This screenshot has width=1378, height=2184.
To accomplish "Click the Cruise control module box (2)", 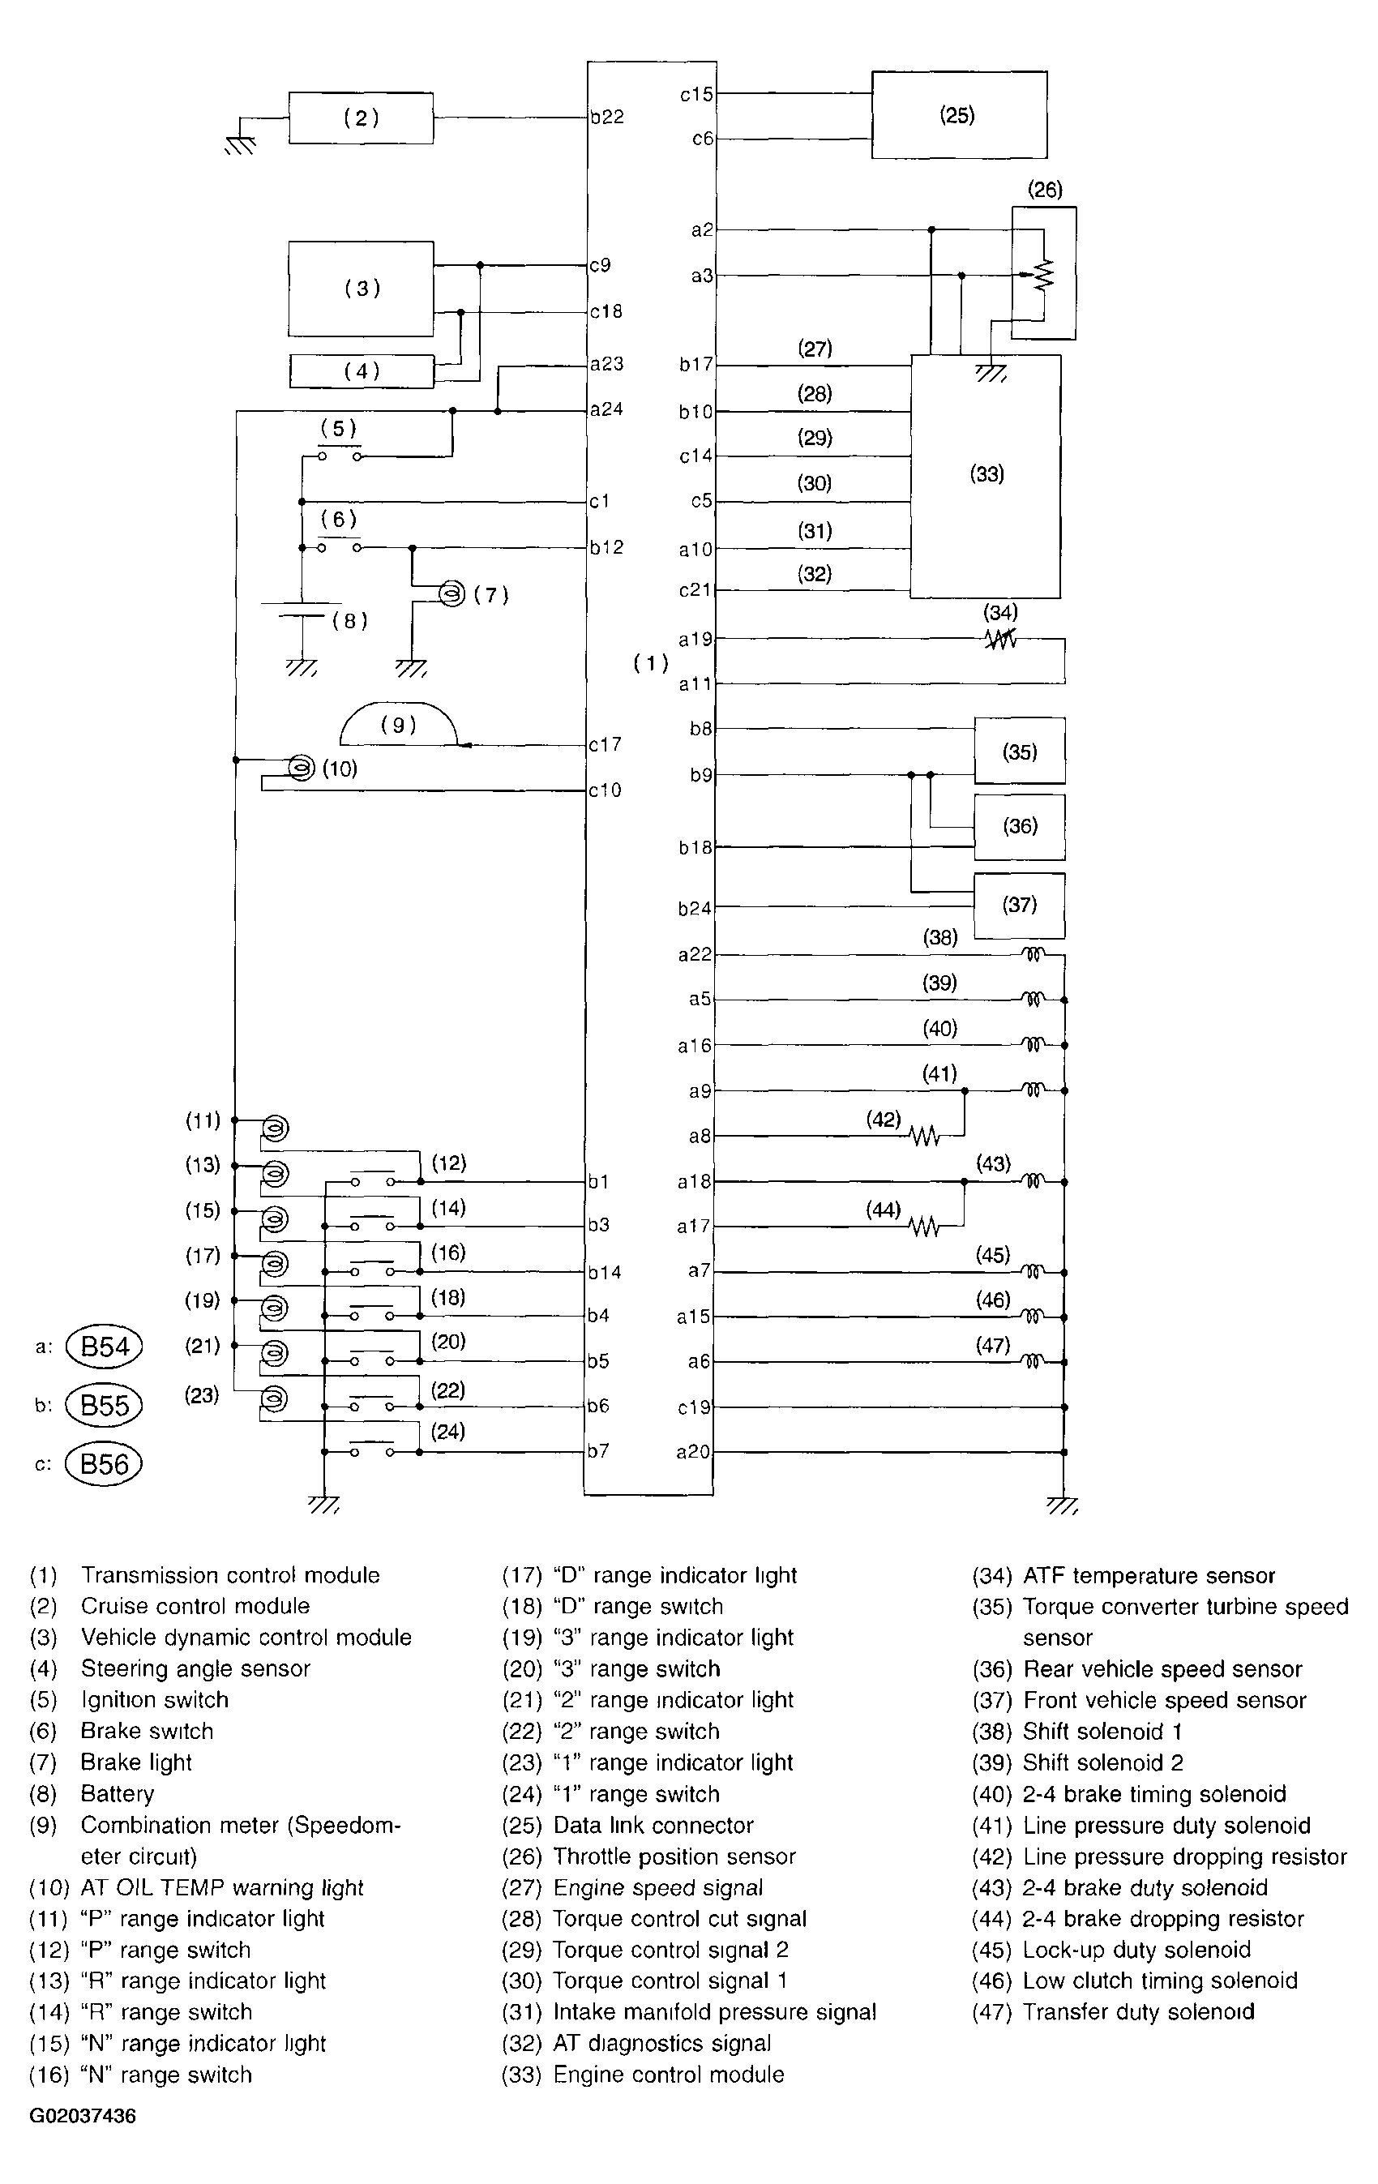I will point(361,118).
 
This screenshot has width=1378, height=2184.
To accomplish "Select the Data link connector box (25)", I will point(958,115).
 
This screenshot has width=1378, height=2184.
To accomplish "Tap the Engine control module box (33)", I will point(986,475).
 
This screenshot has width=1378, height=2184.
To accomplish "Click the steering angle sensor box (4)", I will point(361,371).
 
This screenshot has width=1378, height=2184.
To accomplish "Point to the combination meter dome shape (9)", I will point(398,726).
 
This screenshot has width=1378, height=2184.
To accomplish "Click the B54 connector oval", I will point(105,1346).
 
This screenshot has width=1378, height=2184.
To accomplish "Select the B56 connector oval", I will point(105,1464).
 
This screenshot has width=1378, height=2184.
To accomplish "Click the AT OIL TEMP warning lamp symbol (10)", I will point(300,769).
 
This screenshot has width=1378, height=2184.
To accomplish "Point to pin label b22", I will point(607,117).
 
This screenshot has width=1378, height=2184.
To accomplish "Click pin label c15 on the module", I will point(696,93).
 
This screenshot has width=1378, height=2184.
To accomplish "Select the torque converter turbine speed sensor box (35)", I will point(1019,751).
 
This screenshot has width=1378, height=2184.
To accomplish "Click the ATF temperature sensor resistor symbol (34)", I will point(1000,640).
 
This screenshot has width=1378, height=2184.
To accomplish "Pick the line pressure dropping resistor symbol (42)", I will point(924,1136).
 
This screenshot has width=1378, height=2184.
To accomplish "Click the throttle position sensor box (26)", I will point(1043,273).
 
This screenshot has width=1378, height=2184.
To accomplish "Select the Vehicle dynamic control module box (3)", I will point(361,289).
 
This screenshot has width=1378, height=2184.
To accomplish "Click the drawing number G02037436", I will point(83,2117).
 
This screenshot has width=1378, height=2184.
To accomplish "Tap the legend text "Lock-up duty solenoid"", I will point(1136,1949).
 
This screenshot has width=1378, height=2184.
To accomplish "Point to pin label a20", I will point(694,1452).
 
